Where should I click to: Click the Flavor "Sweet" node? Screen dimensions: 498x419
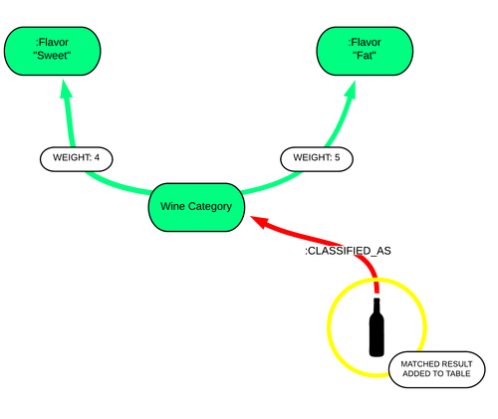pos(53,51)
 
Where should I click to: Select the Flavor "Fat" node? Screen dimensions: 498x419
pos(365,51)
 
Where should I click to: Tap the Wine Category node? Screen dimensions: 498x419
pos(196,207)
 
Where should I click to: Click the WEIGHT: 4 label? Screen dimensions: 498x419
pos(77,159)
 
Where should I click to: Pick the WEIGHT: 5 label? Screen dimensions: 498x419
pos(317,159)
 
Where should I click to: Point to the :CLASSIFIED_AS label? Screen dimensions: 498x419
pos(348,251)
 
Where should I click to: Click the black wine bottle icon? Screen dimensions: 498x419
pos(376,327)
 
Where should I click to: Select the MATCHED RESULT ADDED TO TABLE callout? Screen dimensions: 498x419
pos(437,369)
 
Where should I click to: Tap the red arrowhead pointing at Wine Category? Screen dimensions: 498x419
pos(260,222)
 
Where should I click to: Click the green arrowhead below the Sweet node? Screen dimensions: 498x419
pos(66,89)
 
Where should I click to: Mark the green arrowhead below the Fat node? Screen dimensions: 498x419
pos(352,90)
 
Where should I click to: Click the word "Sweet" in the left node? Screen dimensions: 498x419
pos(53,56)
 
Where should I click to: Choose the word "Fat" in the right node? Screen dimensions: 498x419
pos(365,56)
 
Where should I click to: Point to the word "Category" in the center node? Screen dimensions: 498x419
pos(210,207)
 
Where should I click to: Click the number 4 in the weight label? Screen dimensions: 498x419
pos(97,157)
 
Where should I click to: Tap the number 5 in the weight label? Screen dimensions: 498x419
pos(337,157)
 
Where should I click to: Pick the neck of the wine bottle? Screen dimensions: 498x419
pos(376,306)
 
